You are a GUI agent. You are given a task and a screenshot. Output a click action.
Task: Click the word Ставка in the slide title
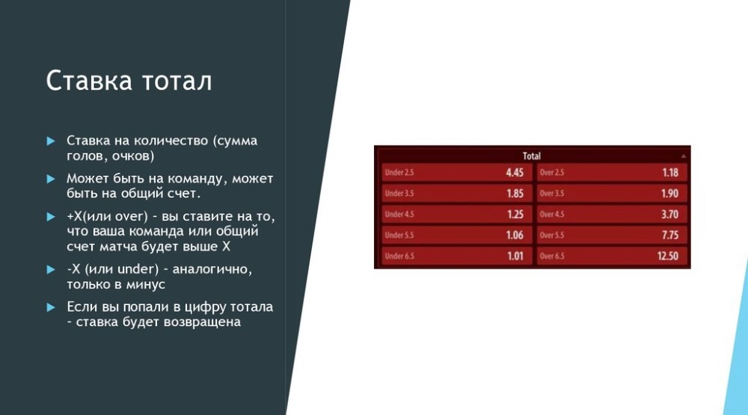click(x=89, y=80)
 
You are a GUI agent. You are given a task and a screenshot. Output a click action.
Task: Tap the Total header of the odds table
click(x=531, y=156)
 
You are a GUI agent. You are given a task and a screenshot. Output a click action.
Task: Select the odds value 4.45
click(x=515, y=173)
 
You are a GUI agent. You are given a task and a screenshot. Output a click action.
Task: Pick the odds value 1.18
click(x=670, y=173)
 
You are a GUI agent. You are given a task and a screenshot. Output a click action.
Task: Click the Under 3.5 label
click(x=399, y=193)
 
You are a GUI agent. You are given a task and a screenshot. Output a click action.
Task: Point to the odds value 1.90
click(x=669, y=193)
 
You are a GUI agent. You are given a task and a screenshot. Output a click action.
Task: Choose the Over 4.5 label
click(x=552, y=214)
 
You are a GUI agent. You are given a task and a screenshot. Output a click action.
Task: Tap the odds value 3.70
click(x=669, y=214)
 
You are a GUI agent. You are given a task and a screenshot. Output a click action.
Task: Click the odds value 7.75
click(x=670, y=235)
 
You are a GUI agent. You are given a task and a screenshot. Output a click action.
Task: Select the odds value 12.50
click(x=668, y=256)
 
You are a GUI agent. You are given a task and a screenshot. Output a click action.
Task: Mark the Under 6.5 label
click(x=399, y=256)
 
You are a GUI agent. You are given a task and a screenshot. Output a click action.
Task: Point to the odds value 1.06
click(x=515, y=235)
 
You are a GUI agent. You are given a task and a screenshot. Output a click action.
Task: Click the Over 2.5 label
click(x=552, y=172)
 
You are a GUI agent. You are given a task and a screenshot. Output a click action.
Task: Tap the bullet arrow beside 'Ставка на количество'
click(x=51, y=141)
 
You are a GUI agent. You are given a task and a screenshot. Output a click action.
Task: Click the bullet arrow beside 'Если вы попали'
click(x=51, y=307)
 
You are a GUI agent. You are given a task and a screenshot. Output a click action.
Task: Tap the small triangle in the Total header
click(x=683, y=156)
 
